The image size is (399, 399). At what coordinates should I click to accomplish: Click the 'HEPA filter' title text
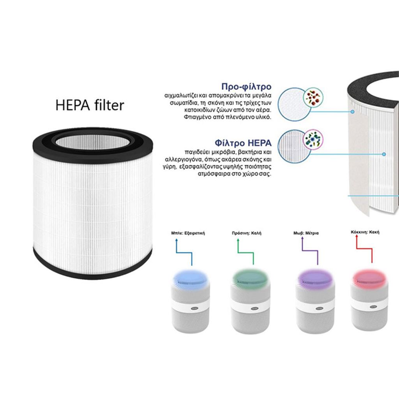90,105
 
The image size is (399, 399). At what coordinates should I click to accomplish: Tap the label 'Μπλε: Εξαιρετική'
188,233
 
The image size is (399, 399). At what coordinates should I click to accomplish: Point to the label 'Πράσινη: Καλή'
246,233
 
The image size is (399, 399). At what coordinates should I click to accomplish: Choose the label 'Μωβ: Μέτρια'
306,233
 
